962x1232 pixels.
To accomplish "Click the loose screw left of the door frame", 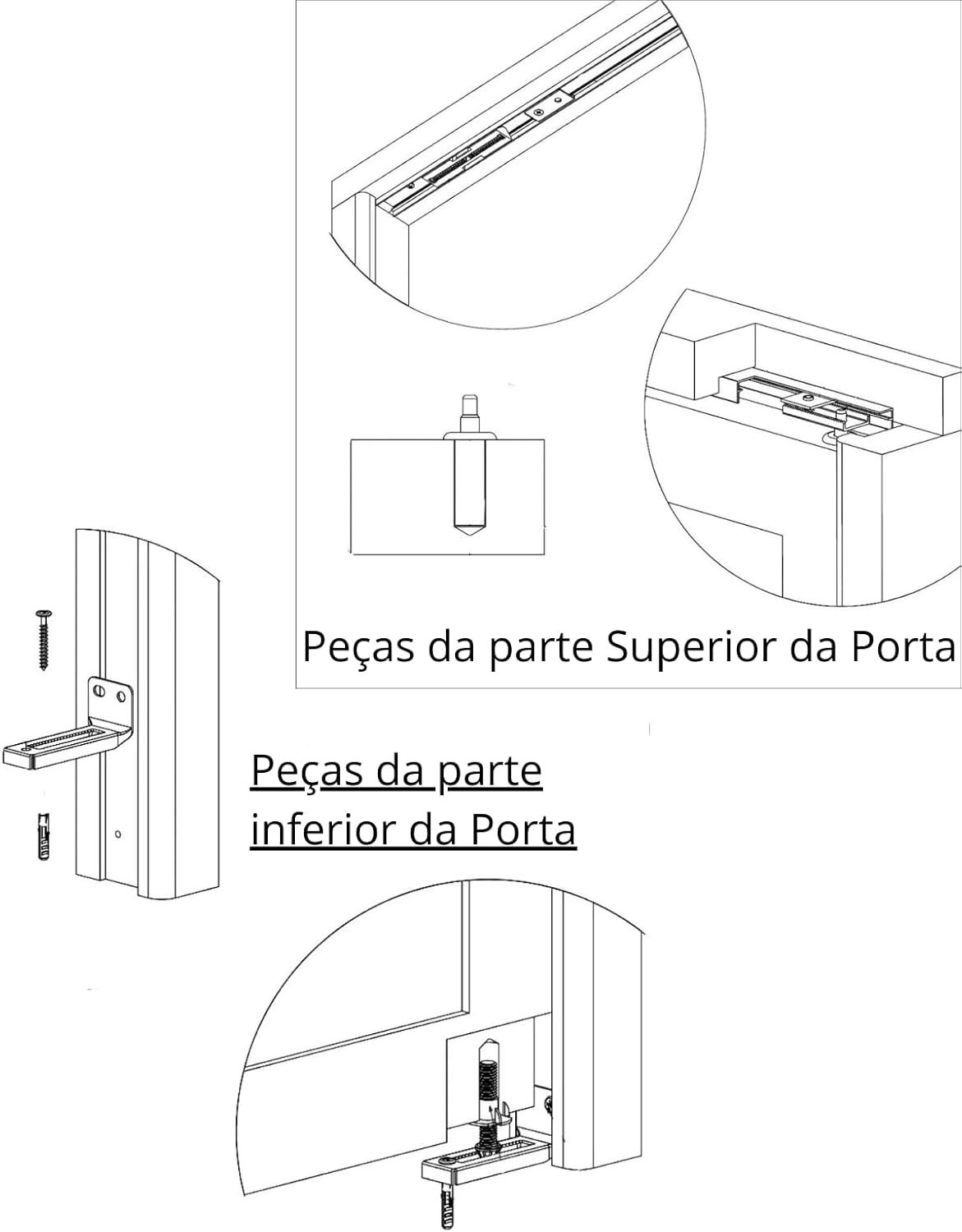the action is [x=44, y=640].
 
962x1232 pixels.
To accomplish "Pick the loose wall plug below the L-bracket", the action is [x=44, y=836].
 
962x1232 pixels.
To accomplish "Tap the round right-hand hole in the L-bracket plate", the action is [x=120, y=695].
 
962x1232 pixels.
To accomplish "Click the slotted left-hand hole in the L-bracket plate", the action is [x=99, y=692].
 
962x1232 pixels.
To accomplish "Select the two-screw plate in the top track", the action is [x=549, y=106].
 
